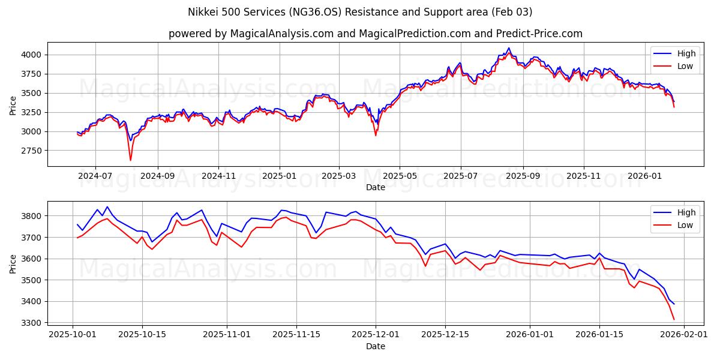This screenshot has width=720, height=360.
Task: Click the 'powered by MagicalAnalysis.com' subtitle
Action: [250, 34]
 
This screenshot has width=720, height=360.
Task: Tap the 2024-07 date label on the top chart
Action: [95, 177]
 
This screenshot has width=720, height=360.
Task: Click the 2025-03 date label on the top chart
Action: [339, 177]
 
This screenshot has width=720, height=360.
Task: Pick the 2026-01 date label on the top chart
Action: [645, 177]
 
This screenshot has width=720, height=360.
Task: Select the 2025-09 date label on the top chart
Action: [523, 177]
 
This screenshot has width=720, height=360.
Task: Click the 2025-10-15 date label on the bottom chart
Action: [142, 335]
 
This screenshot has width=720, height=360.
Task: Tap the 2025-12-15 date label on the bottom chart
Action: [445, 335]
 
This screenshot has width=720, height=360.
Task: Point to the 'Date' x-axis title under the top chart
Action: [376, 187]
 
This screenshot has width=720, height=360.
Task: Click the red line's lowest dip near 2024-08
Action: [130, 160]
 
